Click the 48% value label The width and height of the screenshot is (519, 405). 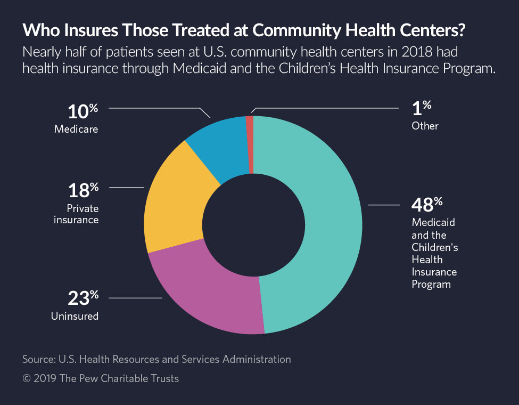(426, 205)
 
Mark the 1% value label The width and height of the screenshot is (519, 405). (421, 108)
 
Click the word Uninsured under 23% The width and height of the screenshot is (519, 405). (75, 316)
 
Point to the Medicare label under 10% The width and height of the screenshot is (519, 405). (76, 129)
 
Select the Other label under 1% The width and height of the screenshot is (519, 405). (424, 126)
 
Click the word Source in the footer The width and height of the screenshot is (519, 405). (39, 359)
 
